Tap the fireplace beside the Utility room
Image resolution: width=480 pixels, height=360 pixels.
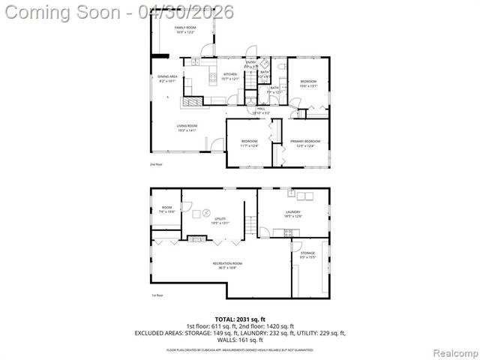pos(196,239)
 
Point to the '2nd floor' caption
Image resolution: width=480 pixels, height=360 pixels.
pos(156,163)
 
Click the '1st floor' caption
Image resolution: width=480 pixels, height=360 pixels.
pos(156,295)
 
